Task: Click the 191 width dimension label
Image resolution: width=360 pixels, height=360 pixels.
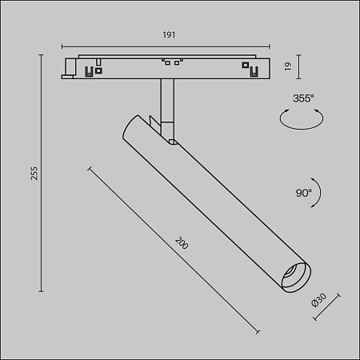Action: pyautogui.click(x=169, y=35)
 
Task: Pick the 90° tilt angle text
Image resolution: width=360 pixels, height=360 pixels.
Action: pyautogui.click(x=303, y=192)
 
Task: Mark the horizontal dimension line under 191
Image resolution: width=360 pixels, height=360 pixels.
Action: pyautogui.click(x=169, y=45)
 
